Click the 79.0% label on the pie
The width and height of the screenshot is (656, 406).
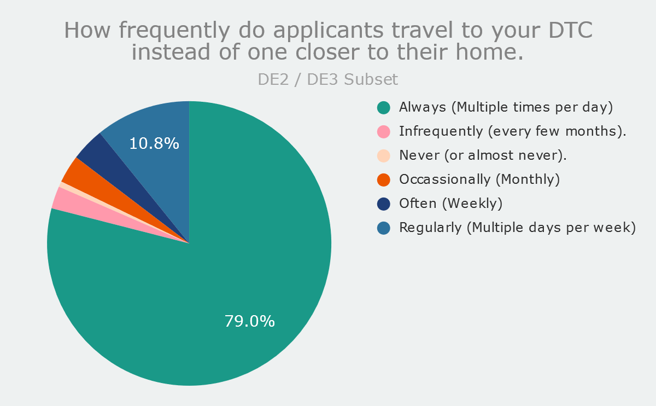coord(249,321)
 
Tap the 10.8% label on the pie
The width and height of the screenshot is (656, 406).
coord(154,143)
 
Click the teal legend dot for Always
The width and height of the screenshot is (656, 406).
coord(384,107)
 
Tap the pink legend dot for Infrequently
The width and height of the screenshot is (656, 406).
coord(384,131)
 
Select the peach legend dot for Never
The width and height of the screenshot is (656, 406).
coord(384,155)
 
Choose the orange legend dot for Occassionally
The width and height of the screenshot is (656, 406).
coord(384,179)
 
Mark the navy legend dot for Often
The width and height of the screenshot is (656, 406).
coord(384,204)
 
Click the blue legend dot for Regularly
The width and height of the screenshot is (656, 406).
coord(384,228)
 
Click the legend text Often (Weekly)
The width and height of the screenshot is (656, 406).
coord(450,204)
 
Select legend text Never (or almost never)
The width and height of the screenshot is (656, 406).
coord(483,155)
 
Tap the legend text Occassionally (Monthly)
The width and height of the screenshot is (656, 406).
coord(479,179)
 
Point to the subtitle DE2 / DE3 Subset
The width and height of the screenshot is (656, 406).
coord(327,79)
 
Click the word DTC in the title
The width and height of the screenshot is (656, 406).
coord(571,30)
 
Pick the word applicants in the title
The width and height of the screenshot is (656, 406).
coord(329,31)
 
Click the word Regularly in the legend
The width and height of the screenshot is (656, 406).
coord(430,228)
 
